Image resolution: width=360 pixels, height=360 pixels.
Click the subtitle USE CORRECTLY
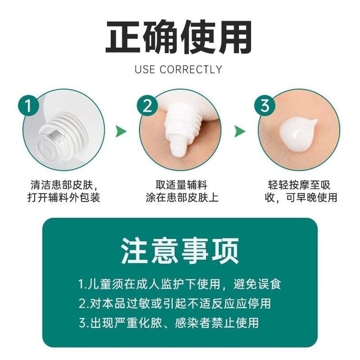coord(178,69)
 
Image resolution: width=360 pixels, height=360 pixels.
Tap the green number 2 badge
coord(147,106)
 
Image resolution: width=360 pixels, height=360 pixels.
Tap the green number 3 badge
coord(265,106)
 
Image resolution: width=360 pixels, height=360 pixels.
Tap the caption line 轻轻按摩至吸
coord(299,185)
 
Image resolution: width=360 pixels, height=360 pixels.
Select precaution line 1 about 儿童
coord(180,284)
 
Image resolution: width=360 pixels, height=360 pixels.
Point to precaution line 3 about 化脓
coord(168,322)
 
